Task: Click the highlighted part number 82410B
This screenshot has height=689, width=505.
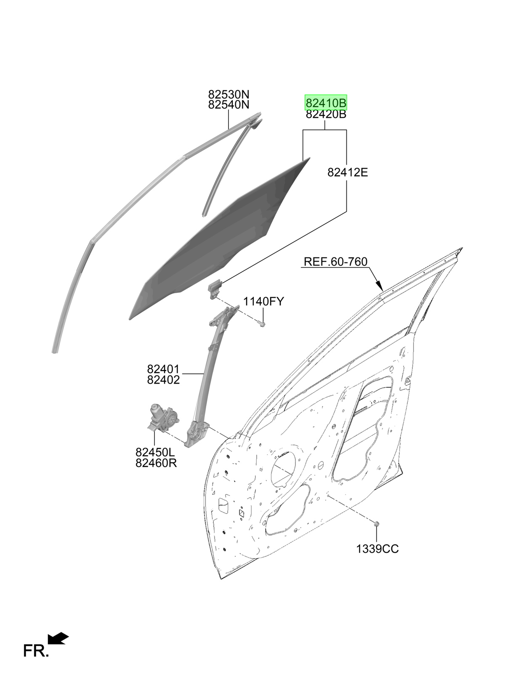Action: tap(326, 103)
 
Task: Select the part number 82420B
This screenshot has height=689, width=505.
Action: tap(326, 114)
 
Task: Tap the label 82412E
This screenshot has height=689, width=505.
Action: tap(348, 172)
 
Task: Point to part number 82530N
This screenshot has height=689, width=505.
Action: tap(229, 94)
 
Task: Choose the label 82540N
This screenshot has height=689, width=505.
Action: tap(229, 105)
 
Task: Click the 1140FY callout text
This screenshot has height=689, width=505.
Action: tap(263, 302)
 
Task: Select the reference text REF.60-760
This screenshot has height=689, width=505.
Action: tap(335, 262)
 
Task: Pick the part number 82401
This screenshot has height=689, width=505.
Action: tap(163, 369)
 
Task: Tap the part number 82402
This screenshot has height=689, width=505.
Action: tap(163, 380)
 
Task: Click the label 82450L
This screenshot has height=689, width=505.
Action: tap(155, 452)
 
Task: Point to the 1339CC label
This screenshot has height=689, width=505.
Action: tap(377, 549)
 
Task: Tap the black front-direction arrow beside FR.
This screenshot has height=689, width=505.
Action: tap(58, 639)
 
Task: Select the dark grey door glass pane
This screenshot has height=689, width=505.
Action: tap(220, 238)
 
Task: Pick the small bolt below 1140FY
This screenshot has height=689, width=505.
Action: tap(262, 323)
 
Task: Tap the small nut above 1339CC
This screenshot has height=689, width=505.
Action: tap(376, 524)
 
